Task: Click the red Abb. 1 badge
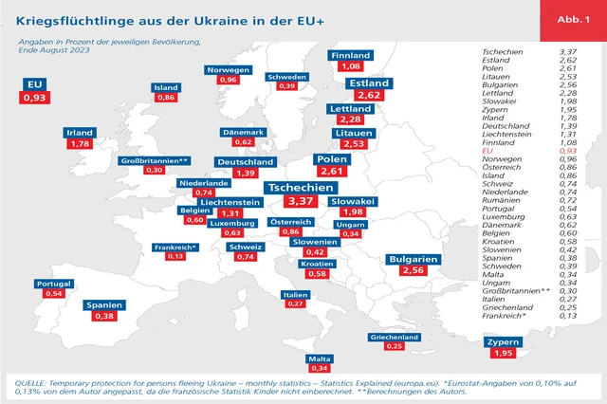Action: tap(572, 20)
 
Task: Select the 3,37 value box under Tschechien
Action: tap(300, 202)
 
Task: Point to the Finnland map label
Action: tap(350, 56)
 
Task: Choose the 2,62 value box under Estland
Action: tap(370, 96)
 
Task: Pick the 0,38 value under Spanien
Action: tap(104, 318)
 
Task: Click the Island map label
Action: tap(166, 87)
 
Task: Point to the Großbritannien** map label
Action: tap(156, 161)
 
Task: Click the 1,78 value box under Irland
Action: tap(80, 144)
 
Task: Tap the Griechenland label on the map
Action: tap(394, 336)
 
